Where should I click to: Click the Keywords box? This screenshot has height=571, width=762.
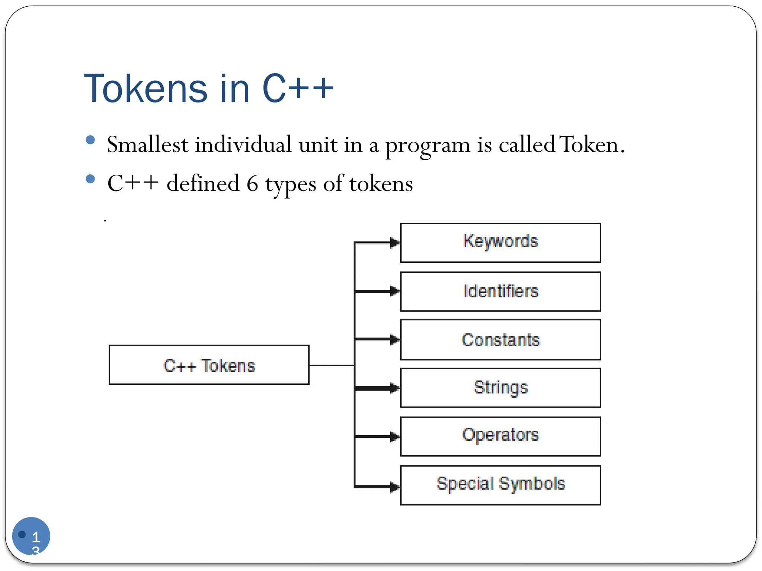[500, 243]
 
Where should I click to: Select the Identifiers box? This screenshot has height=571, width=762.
[500, 291]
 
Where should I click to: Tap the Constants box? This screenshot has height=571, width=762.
[500, 339]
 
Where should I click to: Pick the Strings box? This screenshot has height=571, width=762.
[500, 388]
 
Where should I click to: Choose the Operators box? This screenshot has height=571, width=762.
[500, 436]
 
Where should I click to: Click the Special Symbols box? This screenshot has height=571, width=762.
[500, 485]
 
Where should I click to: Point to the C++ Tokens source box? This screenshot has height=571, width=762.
[209, 365]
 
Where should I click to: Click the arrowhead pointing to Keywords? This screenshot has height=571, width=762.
[395, 243]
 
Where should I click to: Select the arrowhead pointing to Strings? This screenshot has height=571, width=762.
[395, 388]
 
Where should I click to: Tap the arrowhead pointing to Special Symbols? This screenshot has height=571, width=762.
[395, 486]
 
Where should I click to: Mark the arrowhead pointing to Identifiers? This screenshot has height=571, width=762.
[395, 291]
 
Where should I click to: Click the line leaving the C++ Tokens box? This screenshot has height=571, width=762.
[331, 365]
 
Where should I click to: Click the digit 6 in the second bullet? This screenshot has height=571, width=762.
[252, 183]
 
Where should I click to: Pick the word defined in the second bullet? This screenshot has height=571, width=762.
[203, 183]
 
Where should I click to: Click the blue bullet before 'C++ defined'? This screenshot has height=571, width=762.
[90, 179]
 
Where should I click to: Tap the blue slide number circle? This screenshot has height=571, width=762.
[31, 536]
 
